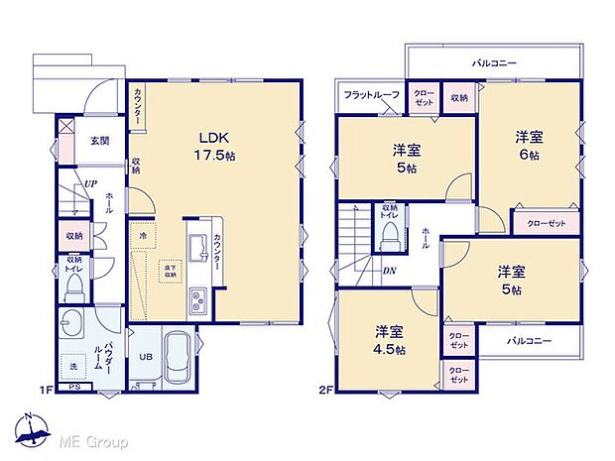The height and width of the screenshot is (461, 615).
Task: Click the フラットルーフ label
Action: [372, 95]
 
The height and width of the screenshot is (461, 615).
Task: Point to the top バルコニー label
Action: [494, 62]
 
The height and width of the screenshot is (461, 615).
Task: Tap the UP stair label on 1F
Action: [89, 183]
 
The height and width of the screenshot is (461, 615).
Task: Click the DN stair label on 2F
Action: [390, 269]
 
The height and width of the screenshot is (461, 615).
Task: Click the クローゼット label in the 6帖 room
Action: [547, 224]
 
